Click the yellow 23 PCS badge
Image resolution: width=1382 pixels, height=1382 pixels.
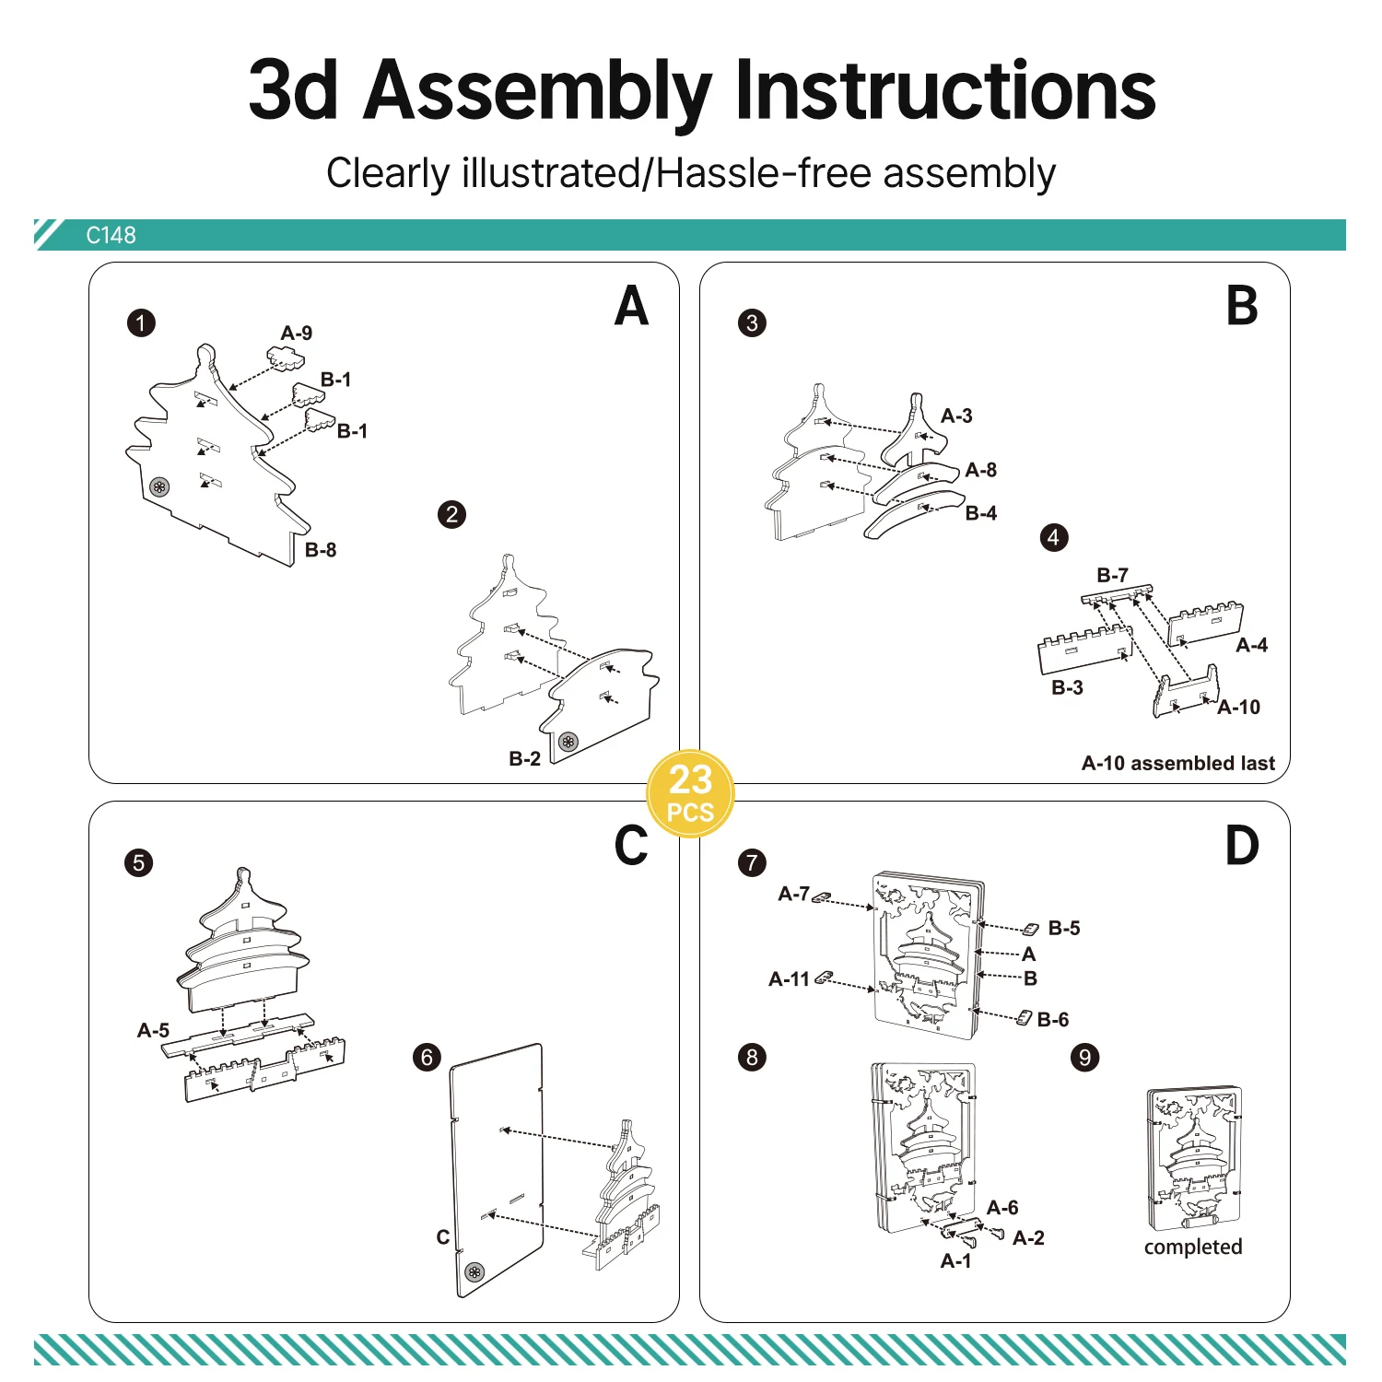pos(690,793)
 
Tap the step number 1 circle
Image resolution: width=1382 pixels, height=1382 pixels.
pos(141,323)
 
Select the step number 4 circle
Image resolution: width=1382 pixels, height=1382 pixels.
pos(1054,538)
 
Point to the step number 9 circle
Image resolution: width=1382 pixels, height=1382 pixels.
pos(1084,1057)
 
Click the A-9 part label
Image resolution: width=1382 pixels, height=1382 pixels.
pos(296,334)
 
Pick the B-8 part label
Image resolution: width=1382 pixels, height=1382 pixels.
pos(321,550)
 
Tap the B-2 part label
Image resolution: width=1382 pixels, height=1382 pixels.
pos(524,758)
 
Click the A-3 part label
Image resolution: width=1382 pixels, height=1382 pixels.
pos(956,416)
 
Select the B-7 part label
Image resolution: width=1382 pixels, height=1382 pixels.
pos(1112,575)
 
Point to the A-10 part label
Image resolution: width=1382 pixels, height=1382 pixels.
pos(1238,708)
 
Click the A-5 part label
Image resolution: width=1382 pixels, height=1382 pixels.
pos(153,1030)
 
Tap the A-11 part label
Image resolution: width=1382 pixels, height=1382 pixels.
pos(789,979)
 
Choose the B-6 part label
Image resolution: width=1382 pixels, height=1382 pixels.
pos(1052,1020)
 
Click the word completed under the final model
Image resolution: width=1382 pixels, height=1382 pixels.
pos(1192,1247)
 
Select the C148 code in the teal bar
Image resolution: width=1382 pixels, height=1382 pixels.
pos(111,236)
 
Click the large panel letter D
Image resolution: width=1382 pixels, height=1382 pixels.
pos(1241,846)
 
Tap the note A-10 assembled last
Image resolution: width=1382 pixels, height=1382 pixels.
pos(1177,764)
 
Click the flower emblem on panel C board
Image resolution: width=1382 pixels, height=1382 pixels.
pos(474,1272)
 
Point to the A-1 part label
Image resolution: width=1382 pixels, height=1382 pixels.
pos(955,1261)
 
